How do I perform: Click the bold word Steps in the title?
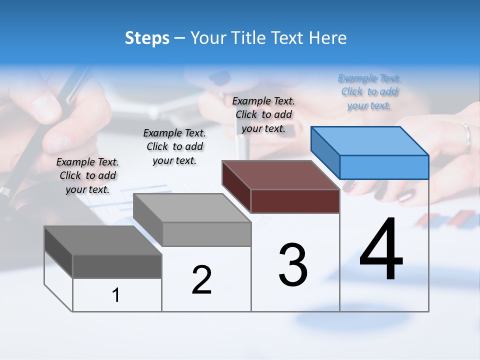tap(147, 38)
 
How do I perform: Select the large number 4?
tap(381, 249)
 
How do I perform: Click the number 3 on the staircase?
tap(293, 265)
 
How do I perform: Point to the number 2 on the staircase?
tap(201, 280)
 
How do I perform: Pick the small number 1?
tap(116, 295)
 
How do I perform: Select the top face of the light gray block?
tap(192, 208)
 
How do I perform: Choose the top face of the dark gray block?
tap(103, 240)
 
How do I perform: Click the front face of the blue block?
tap(384, 167)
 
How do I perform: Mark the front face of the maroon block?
tap(295, 201)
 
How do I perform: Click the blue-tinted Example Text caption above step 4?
tap(369, 92)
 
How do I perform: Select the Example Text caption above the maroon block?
tap(263, 114)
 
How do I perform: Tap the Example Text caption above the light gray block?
tap(174, 146)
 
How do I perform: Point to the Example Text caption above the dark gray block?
tap(87, 175)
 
